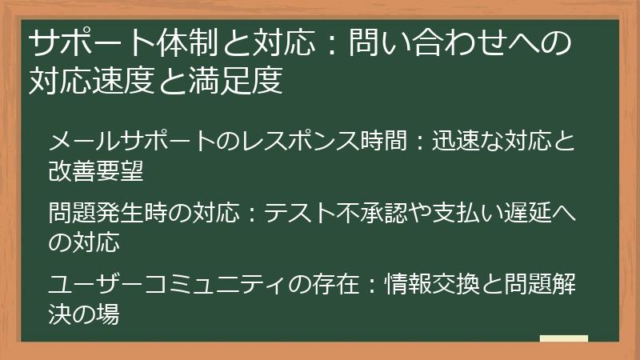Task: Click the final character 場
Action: (109, 313)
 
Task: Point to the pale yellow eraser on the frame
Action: (563, 340)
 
